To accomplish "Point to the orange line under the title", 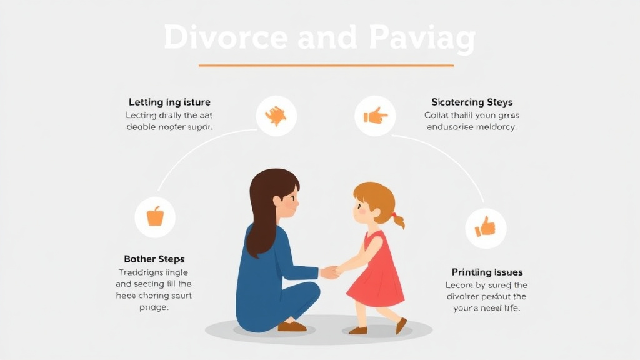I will coord(326,65).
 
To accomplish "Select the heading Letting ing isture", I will coord(169,102).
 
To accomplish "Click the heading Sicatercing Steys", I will coord(472,102).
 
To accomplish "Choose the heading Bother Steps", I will coord(154,259).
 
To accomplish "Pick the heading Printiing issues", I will coord(487,272).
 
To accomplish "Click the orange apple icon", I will coord(155,216).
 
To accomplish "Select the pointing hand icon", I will coord(375,115).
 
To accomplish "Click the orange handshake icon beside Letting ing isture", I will coord(276,116).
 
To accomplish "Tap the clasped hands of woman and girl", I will coord(331,272).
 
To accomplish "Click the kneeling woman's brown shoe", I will coord(292,326).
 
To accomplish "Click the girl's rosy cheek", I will coord(361,211).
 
